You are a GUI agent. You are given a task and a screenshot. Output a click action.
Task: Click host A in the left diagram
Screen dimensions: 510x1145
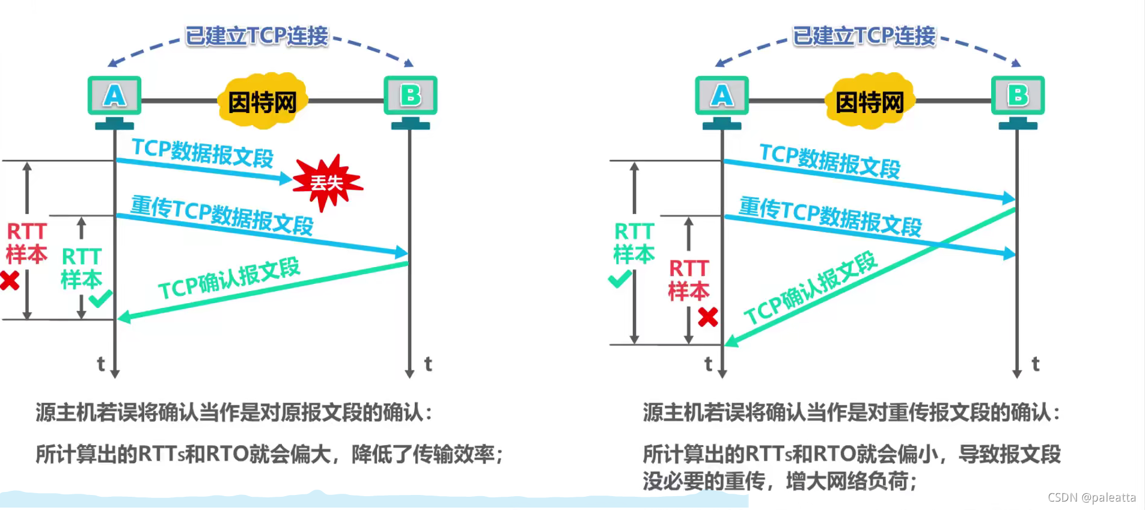[x=114, y=96]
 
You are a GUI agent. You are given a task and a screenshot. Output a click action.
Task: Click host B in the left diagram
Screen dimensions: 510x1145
[x=411, y=96]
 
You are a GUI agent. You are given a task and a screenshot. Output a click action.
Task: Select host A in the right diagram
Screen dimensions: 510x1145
[x=722, y=96]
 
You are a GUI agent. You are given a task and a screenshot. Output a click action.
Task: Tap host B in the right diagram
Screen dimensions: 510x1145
[x=1018, y=96]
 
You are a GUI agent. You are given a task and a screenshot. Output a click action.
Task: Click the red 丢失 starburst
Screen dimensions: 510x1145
[x=326, y=182]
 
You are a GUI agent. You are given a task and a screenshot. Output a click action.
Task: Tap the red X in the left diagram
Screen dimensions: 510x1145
[x=10, y=280]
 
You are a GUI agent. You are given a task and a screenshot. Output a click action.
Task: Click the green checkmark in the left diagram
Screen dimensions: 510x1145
[x=100, y=298]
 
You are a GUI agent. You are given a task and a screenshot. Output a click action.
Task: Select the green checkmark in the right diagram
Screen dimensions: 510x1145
[x=620, y=278]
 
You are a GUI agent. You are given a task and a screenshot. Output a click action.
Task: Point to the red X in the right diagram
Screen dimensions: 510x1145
[x=708, y=316]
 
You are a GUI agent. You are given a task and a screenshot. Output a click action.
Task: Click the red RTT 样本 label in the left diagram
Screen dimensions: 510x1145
[x=26, y=243]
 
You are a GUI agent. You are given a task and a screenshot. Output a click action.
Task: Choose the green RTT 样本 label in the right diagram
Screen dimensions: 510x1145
[x=634, y=243]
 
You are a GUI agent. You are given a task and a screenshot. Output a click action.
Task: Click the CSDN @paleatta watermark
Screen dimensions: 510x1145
[x=1092, y=497]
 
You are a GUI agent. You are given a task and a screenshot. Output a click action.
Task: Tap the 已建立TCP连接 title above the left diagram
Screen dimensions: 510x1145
[x=257, y=36]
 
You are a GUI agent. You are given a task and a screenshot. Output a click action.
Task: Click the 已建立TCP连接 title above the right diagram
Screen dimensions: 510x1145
[x=864, y=36]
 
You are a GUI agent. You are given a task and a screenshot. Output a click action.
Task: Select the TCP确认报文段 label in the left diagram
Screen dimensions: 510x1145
[x=229, y=278]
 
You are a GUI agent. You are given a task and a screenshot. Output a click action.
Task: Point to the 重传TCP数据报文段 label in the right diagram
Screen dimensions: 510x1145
[x=830, y=217]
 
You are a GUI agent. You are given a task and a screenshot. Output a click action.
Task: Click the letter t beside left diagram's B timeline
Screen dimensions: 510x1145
[x=428, y=364]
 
